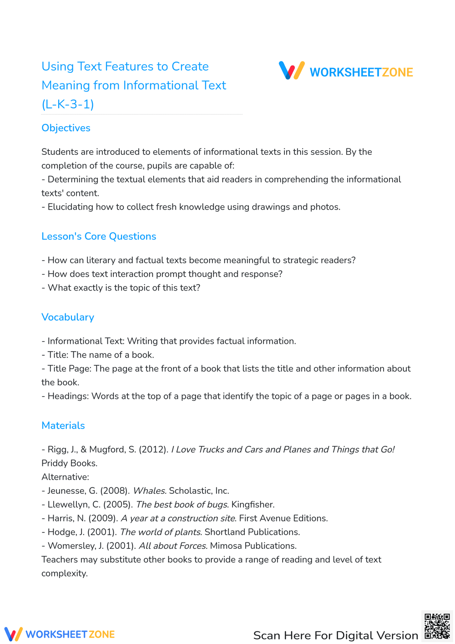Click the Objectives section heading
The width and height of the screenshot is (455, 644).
(66, 128)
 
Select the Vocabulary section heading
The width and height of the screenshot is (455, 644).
(68, 317)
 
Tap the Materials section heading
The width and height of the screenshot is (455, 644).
(63, 426)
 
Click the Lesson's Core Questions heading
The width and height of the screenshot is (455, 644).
(99, 236)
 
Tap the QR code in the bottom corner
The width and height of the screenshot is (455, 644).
(437, 626)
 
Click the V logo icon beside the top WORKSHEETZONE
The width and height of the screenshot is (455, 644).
(292, 71)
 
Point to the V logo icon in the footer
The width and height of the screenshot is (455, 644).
(13, 634)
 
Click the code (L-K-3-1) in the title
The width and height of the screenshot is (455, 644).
(68, 104)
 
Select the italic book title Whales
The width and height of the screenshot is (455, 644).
(149, 491)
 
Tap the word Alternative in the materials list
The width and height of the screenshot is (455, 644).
(65, 477)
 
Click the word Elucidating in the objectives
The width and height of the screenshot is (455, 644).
(71, 207)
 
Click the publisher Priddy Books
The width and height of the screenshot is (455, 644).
(69, 464)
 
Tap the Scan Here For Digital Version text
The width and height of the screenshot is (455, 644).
(335, 635)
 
